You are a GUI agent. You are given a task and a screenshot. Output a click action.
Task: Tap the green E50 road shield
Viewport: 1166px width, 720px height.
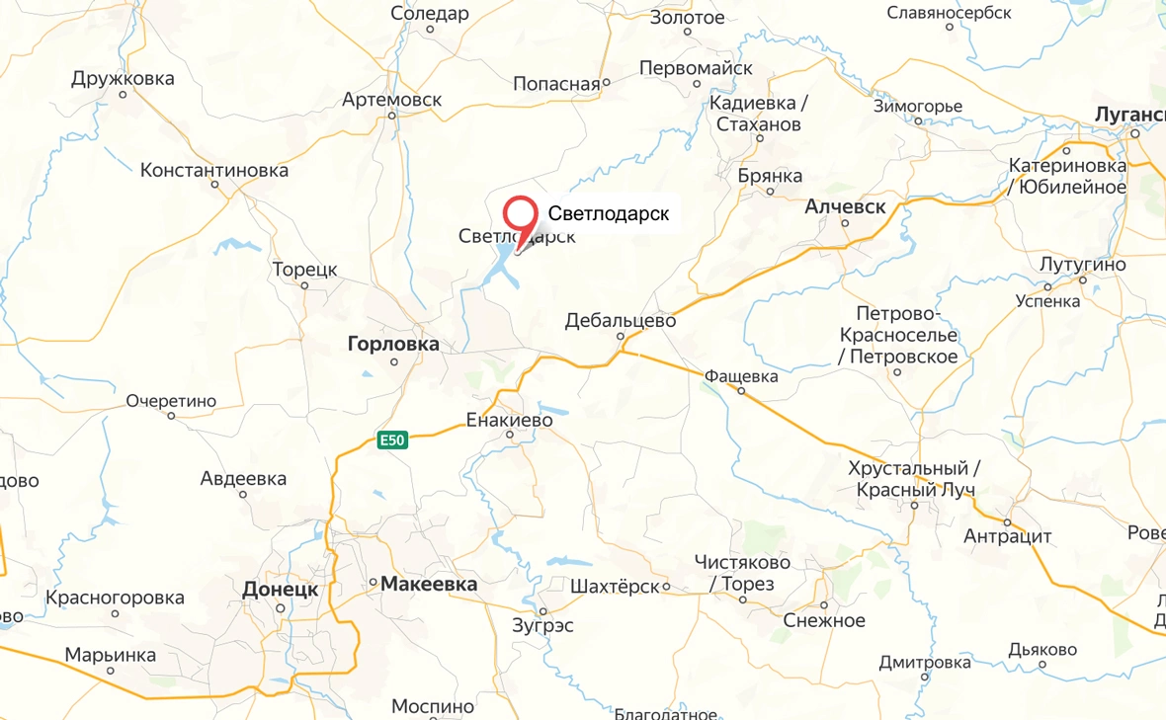coord(392,440)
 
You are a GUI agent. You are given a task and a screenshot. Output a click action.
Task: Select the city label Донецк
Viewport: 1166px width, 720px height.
coord(281,589)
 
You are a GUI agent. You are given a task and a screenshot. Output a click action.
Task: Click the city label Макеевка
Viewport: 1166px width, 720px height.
coord(429,584)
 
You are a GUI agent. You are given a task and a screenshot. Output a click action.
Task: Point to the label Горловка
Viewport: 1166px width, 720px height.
coord(393,344)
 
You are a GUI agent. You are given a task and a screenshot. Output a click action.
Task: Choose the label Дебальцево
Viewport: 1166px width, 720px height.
coord(621,320)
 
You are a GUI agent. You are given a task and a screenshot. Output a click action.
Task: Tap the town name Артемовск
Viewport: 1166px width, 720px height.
coord(391,100)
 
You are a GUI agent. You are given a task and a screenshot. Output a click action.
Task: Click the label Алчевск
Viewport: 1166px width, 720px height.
coord(845,205)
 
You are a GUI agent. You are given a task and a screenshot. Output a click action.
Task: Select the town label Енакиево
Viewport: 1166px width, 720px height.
coord(510,421)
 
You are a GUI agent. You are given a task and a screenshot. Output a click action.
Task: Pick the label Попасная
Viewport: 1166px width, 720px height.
coord(556,84)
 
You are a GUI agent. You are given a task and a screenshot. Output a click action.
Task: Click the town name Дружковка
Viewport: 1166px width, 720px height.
coord(123,79)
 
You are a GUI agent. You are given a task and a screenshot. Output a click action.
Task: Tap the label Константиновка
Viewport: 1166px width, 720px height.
coord(214,170)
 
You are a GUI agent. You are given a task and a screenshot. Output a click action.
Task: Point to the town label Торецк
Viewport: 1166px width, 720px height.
coord(304,270)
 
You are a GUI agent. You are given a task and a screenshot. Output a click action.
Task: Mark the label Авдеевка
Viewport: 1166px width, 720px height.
coord(243,479)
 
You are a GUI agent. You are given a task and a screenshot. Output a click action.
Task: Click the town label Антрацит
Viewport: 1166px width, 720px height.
coord(1007,536)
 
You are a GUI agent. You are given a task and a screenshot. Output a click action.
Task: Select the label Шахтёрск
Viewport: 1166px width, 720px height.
coord(614,587)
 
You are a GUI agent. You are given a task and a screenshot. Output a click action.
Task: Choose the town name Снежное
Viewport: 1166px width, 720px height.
coord(823,620)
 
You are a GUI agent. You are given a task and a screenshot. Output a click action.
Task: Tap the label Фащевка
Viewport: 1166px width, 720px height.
coord(741,376)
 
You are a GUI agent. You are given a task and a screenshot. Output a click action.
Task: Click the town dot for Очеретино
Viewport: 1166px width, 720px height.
coord(171,416)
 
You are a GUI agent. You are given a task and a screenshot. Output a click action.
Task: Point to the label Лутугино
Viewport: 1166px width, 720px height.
coord(1083,265)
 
